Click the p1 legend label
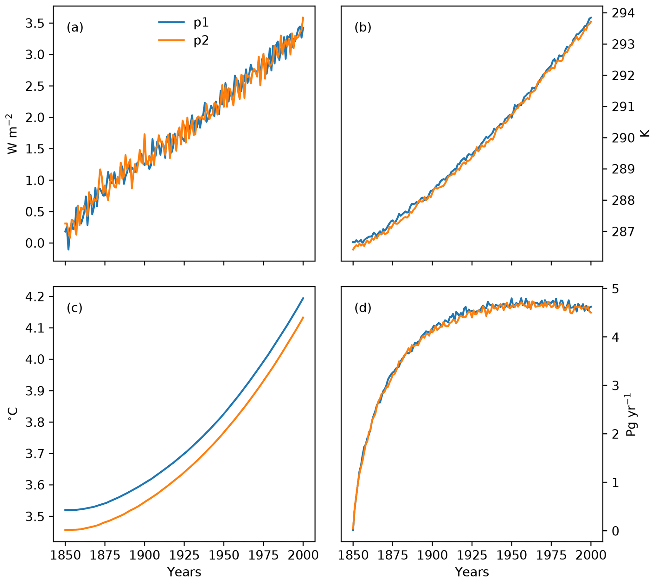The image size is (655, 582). pos(201,23)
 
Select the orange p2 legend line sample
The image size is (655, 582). pos(171,40)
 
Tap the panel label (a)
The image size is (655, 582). pos(75,28)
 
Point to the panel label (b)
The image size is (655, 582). pos(363,28)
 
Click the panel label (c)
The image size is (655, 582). pos(74,308)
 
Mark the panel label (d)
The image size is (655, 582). pos(363,308)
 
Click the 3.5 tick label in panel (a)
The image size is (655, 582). pos(34,24)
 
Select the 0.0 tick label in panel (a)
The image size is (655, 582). pos(34,243)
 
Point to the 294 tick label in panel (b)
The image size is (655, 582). pos(623,13)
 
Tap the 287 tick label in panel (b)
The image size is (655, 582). pos(623,232)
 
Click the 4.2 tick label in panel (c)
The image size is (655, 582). pos(34,297)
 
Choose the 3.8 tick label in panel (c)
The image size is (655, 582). pos(34,423)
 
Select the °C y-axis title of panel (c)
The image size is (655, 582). pos(12,415)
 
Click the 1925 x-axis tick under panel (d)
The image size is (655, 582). pos(472,555)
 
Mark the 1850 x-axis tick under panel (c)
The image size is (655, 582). pos(65,555)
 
